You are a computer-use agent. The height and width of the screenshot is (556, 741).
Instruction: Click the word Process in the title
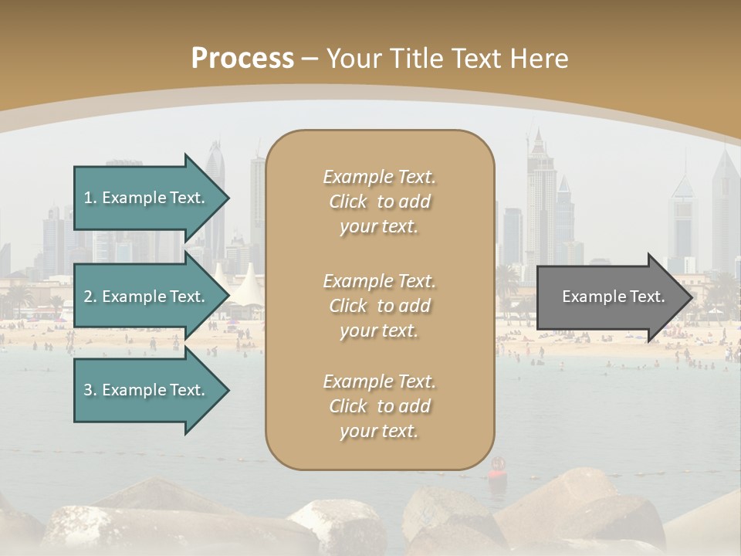242,59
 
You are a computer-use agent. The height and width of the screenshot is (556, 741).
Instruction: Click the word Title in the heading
417,59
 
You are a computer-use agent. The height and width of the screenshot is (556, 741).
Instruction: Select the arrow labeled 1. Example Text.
147,198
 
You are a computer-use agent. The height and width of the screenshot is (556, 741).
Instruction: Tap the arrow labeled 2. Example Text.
147,297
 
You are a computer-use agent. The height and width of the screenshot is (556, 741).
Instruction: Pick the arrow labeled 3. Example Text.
147,390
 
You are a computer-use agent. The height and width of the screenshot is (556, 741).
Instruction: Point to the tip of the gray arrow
690,297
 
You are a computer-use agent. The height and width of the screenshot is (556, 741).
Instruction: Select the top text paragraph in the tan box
379,202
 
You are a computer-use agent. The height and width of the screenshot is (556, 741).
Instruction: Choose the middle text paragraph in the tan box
379,306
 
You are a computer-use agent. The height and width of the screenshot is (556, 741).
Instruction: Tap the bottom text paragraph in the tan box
379,406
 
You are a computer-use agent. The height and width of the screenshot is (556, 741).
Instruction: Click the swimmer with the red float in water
497,466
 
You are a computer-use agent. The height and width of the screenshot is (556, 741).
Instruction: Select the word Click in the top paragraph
348,202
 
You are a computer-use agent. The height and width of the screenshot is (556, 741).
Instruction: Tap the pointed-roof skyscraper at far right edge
725,208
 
